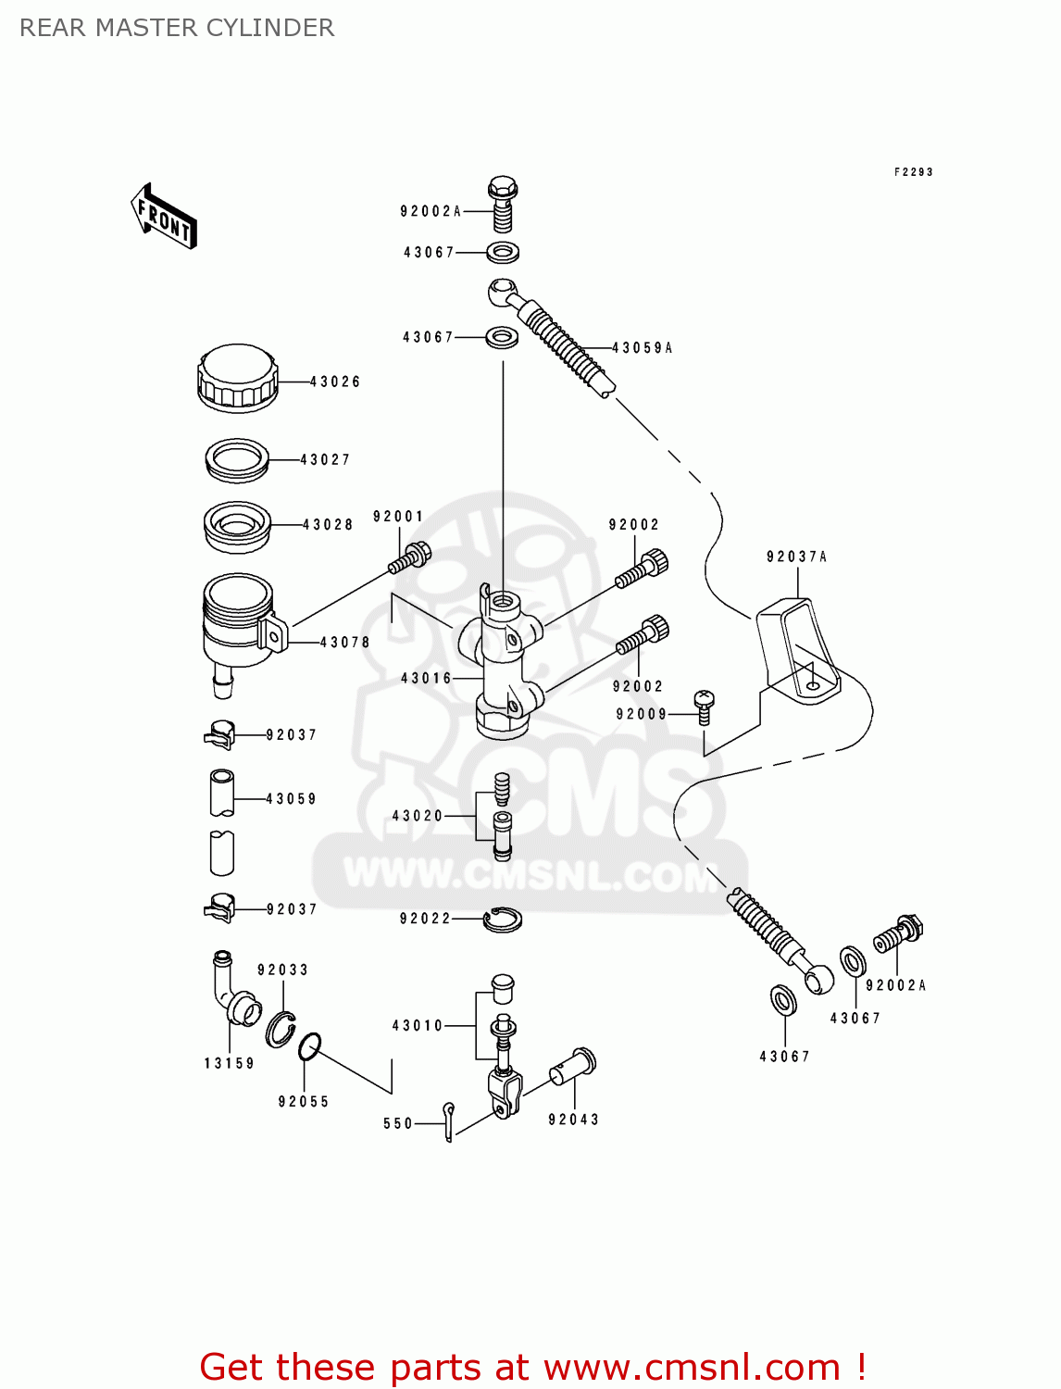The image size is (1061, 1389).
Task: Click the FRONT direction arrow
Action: click(164, 217)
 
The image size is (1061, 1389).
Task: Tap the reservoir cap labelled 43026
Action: click(237, 378)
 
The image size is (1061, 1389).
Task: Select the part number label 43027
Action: click(325, 459)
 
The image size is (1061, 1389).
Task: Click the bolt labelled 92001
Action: click(410, 558)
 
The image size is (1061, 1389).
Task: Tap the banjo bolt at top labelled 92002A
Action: click(503, 203)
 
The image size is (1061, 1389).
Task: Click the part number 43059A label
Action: click(643, 348)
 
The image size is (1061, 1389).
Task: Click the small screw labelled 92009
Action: click(704, 707)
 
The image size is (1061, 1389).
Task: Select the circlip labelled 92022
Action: click(503, 919)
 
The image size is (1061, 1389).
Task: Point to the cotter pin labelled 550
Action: click(449, 1120)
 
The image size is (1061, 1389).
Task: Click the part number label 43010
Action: click(418, 1026)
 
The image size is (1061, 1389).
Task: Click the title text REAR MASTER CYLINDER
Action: click(177, 28)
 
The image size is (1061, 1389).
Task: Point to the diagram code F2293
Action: click(913, 172)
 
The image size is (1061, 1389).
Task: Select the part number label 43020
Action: click(418, 816)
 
